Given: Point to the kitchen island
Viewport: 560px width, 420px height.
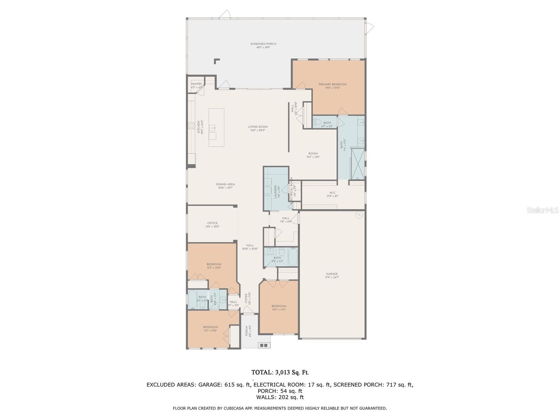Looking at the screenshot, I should [216, 127].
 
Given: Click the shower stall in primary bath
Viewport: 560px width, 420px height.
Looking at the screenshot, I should [357, 163].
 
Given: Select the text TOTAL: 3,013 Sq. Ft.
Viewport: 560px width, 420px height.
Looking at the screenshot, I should [280, 372].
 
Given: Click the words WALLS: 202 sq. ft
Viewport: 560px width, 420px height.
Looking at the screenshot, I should [280, 397].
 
